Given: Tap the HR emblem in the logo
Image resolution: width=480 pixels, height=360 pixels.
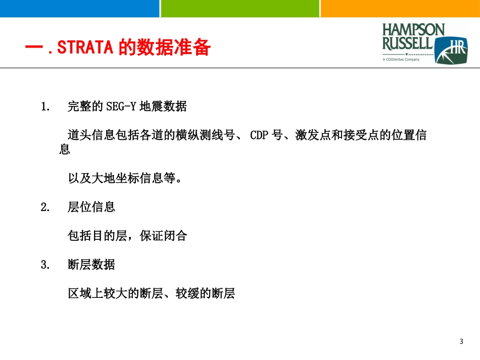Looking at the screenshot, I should [x=451, y=50].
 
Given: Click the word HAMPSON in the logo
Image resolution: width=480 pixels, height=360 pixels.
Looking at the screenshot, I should [x=414, y=30].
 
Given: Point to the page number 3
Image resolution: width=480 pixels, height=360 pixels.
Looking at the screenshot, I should [x=461, y=342].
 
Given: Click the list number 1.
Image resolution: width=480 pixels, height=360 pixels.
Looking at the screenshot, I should [x=45, y=107].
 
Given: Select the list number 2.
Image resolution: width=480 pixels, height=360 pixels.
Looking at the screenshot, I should [x=45, y=207].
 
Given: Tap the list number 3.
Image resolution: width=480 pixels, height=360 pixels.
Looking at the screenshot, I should [x=45, y=265].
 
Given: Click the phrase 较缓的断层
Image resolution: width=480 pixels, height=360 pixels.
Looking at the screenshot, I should [x=205, y=293].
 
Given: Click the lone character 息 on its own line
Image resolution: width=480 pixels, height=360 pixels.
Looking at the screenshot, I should [x=64, y=150].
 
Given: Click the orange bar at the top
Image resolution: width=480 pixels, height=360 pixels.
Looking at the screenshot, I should [x=400, y=9].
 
